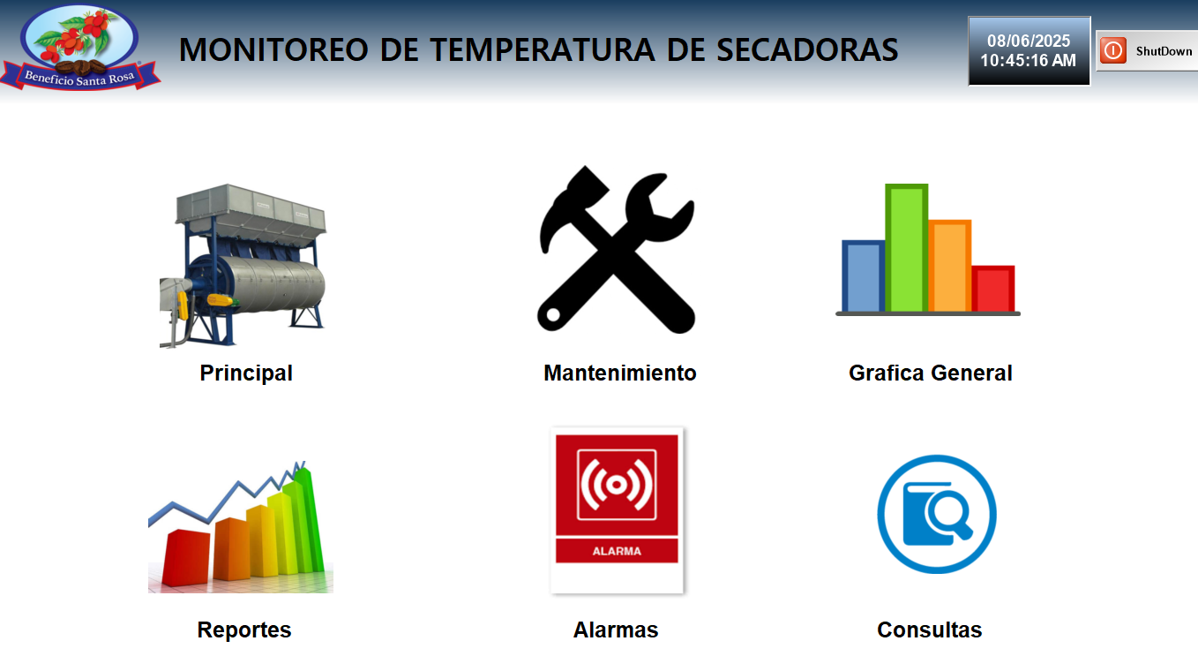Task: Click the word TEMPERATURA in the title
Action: (x=543, y=49)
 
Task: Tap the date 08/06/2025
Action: (x=1029, y=41)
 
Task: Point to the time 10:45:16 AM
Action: (x=1028, y=60)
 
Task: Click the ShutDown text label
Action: (x=1164, y=51)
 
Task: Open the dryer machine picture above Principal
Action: (x=243, y=266)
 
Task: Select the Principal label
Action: (x=246, y=373)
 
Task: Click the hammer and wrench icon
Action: (x=617, y=249)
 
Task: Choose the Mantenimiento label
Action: (x=620, y=373)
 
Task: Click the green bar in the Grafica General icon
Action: (x=907, y=247)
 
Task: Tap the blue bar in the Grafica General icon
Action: (x=863, y=276)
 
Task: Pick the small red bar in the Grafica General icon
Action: (x=993, y=289)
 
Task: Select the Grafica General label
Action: (x=931, y=373)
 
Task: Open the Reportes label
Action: (x=244, y=630)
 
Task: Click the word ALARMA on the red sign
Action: (x=617, y=551)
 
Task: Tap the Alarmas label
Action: (x=616, y=630)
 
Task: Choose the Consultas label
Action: (x=930, y=630)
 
